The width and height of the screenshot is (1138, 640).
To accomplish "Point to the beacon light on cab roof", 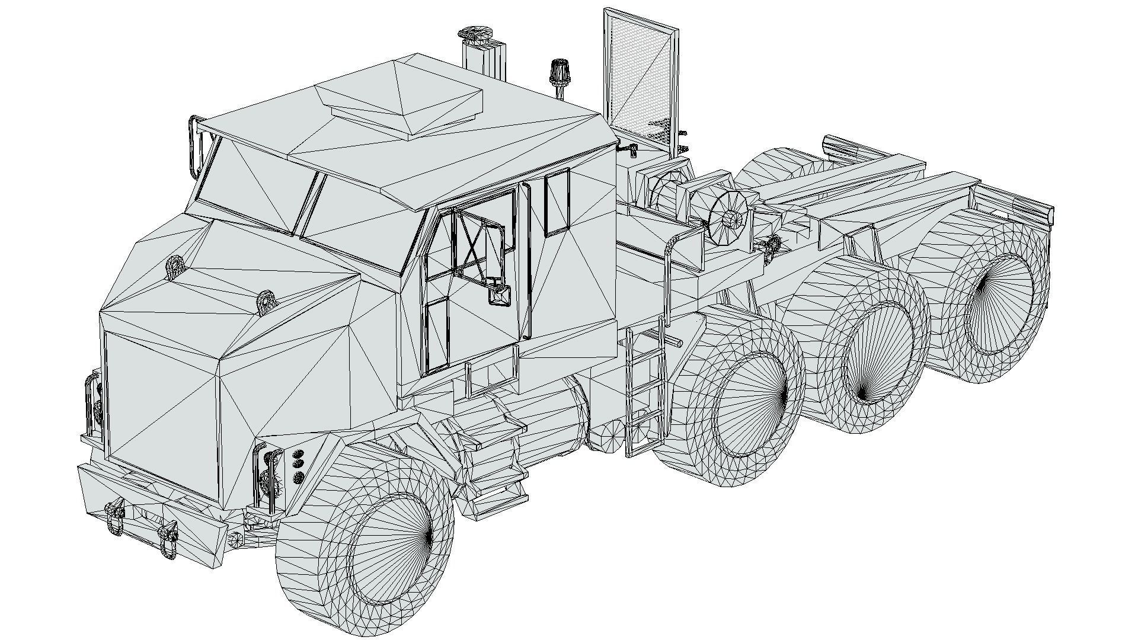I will (557, 74).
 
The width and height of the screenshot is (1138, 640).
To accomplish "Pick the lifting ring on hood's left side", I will (175, 267).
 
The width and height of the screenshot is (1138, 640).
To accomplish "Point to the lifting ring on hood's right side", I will (266, 301).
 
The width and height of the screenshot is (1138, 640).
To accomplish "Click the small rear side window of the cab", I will (557, 201).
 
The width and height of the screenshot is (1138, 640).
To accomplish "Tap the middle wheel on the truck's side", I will (871, 356).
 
